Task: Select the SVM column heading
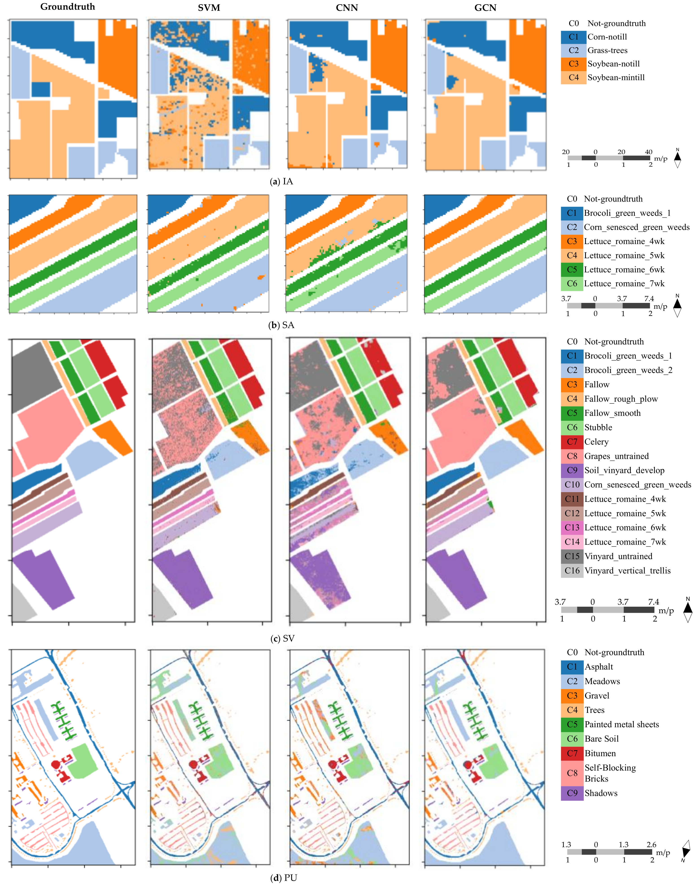coord(209,8)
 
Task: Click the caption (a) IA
coord(282,181)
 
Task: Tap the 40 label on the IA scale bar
coord(648,152)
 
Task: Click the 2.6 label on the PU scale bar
coord(651,844)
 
